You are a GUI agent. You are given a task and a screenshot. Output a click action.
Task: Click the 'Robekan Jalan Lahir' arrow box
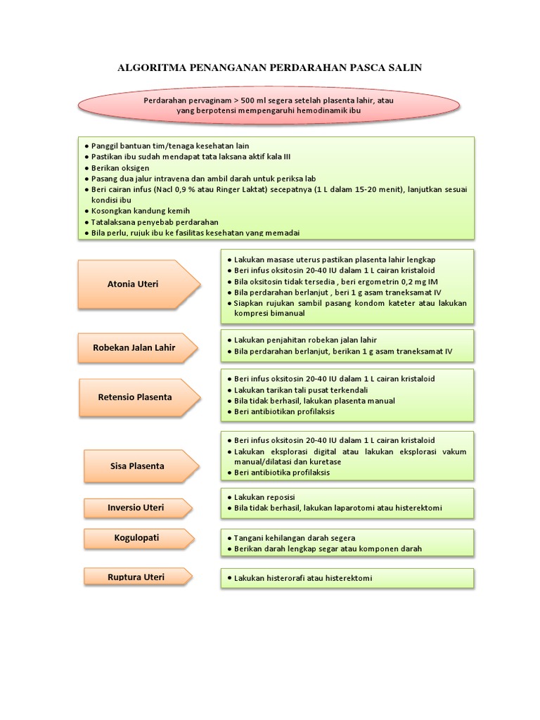click(134, 347)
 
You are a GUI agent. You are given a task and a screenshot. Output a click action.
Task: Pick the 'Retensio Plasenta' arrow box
click(134, 397)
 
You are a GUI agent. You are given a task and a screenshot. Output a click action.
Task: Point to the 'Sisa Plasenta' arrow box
click(137, 465)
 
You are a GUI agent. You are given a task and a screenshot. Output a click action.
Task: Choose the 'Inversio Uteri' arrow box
click(134, 506)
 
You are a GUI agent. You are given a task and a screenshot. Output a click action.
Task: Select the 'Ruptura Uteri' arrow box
click(136, 577)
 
